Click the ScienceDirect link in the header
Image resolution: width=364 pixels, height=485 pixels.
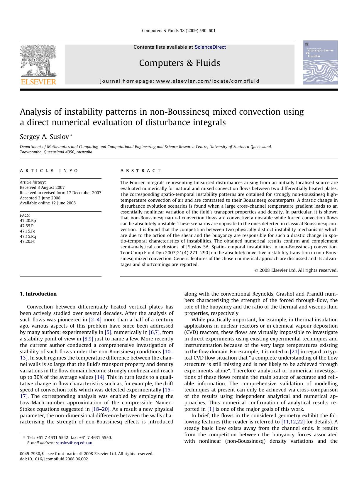coord(210,47)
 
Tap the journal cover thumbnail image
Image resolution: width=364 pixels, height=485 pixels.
coord(320,62)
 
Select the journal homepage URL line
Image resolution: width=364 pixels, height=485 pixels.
coord(180,81)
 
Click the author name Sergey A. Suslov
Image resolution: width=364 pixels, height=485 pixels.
coord(45,137)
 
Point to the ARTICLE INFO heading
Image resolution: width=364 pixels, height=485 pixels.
coord(49,171)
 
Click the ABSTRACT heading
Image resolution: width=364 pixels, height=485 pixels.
coord(141,171)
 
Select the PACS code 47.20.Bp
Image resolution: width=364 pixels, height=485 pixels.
coord(28,221)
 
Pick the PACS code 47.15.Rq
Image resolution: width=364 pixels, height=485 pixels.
coord(28,236)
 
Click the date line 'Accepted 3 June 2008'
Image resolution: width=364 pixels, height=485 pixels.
coord(40,198)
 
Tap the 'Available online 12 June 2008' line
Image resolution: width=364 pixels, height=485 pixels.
coord(48,203)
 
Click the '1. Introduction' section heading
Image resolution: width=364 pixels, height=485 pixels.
coord(38,294)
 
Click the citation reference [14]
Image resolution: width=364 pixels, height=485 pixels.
coord(100,377)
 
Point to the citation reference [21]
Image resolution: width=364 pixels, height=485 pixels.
coord(294,352)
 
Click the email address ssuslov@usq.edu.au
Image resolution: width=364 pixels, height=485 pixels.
coord(74,443)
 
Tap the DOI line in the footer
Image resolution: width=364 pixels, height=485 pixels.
coord(54,459)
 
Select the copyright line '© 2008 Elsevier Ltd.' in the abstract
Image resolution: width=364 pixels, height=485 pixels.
coord(296,270)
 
